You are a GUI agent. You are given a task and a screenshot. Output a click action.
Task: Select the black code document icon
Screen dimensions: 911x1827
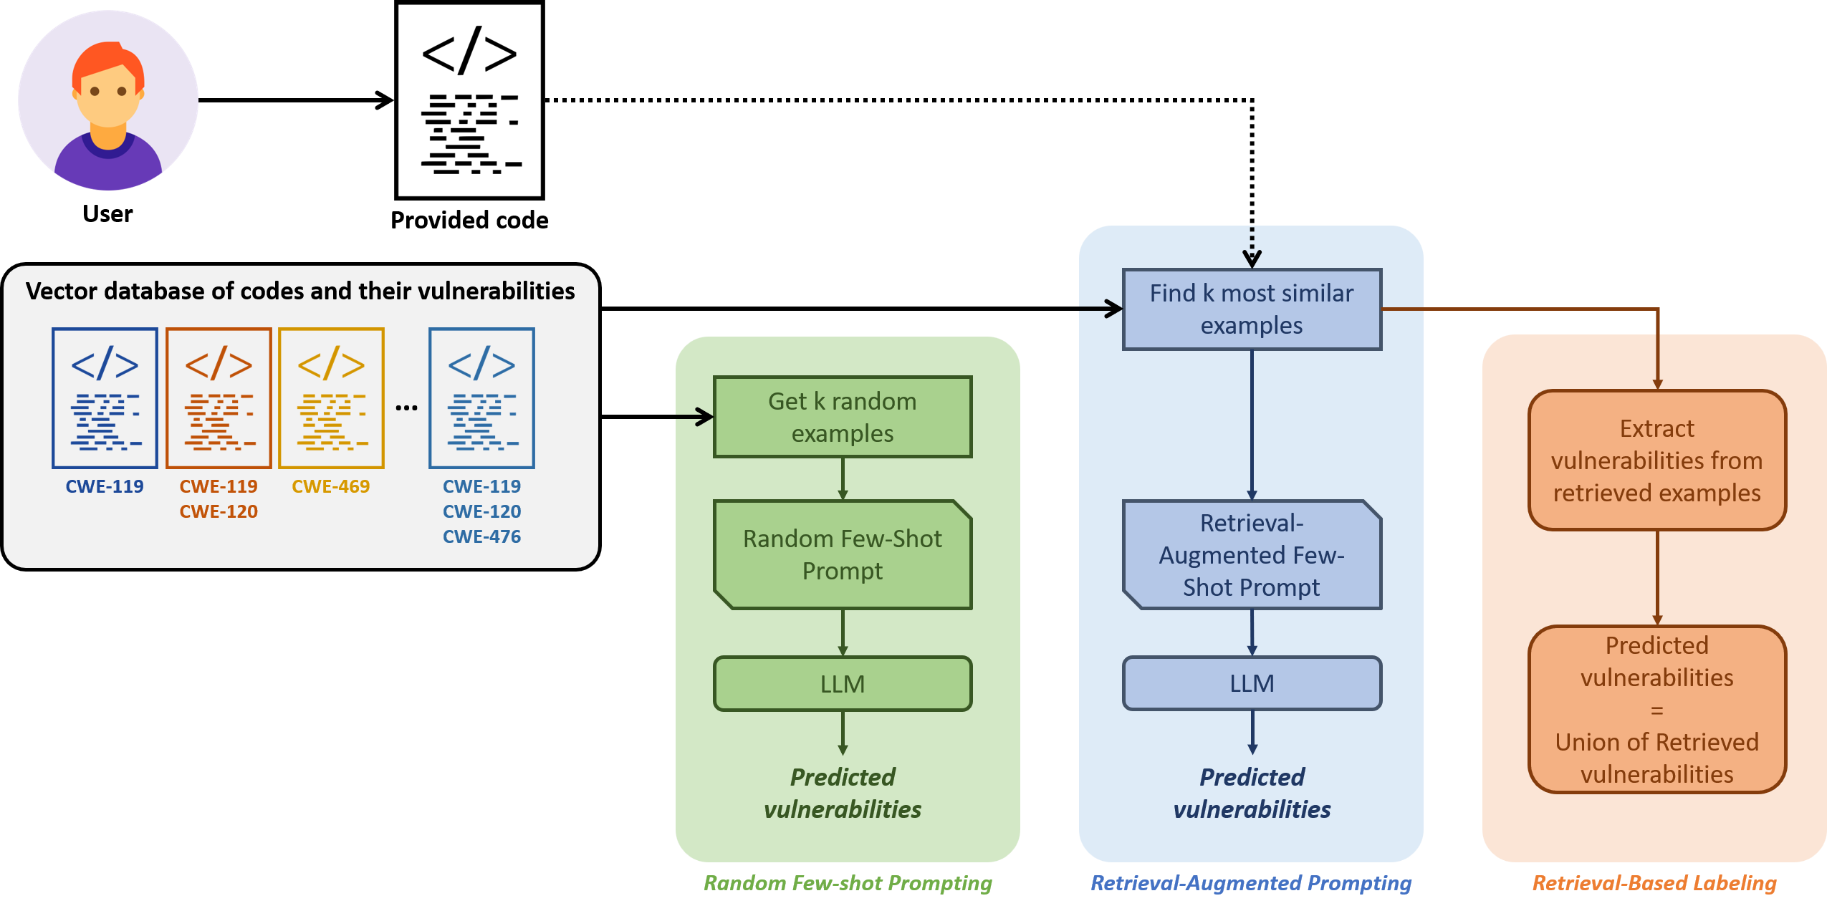coord(470,100)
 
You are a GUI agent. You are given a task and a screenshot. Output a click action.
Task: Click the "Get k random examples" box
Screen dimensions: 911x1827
coord(843,417)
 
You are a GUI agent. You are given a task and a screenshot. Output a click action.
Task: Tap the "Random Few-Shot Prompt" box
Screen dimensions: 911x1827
coord(843,554)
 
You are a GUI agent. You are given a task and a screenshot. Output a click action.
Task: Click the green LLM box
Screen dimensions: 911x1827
coord(843,684)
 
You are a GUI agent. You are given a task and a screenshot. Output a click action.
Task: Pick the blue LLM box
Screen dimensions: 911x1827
coord(1252,683)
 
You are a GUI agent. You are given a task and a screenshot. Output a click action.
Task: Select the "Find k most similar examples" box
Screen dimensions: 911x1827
coord(1252,309)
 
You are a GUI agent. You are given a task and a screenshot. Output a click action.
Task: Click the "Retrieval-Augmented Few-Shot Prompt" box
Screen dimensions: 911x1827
coord(1252,555)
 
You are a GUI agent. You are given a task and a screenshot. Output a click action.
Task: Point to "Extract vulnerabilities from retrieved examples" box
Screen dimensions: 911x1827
coord(1656,461)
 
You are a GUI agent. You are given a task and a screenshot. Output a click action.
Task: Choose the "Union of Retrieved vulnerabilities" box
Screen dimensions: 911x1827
coord(1656,710)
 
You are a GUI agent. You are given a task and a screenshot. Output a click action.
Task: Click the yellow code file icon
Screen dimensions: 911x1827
coord(331,398)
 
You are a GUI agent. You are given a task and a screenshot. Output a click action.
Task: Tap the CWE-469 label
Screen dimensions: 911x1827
coord(331,486)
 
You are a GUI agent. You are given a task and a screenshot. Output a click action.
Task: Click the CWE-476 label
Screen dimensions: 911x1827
coord(481,536)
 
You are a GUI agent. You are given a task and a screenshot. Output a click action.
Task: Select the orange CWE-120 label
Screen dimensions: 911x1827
coord(219,511)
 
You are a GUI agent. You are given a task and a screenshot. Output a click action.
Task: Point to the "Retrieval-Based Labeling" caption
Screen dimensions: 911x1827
coord(1654,883)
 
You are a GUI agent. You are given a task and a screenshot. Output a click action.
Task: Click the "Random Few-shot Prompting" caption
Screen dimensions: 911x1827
coord(848,883)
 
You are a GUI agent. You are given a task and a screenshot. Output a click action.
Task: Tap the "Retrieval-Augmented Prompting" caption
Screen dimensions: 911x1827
coord(1251,883)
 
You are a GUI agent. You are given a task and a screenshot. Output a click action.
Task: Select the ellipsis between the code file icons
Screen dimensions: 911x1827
coord(406,408)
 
